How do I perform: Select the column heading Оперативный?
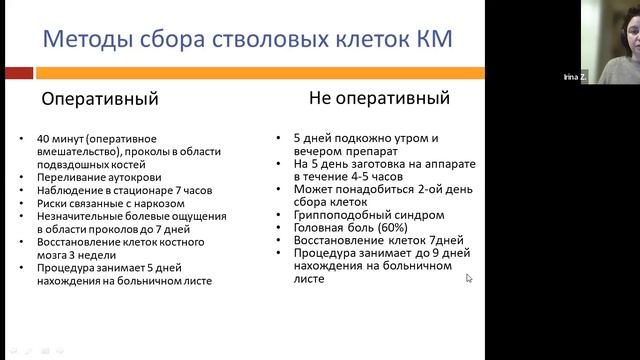pyautogui.click(x=99, y=100)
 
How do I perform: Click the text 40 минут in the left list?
pyautogui.click(x=61, y=137)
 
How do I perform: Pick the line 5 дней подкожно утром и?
pyautogui.click(x=366, y=137)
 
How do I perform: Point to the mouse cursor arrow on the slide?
pyautogui.click(x=469, y=278)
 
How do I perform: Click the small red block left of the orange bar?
pyautogui.click(x=18, y=73)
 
